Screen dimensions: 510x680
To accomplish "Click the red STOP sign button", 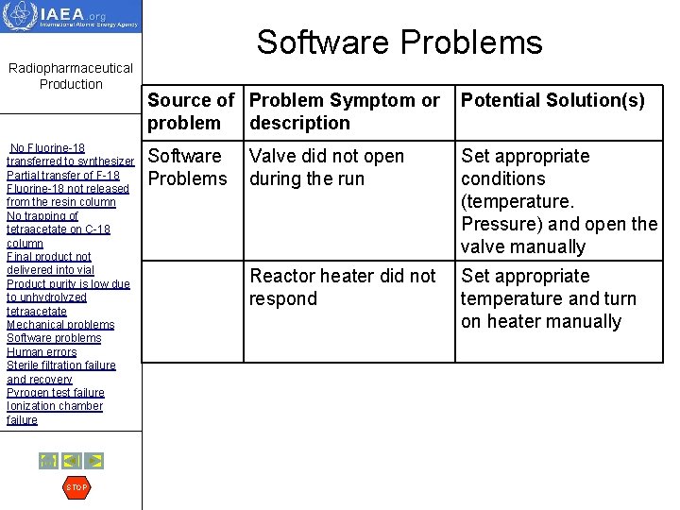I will pyautogui.click(x=76, y=487).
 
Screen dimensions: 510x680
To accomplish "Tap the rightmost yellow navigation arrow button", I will pyautogui.click(x=94, y=461).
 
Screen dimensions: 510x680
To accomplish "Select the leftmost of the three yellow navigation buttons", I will pyautogui.click(x=48, y=461).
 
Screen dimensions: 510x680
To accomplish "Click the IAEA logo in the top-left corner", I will pyautogui.click(x=71, y=17).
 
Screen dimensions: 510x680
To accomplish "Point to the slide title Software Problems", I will pyautogui.click(x=399, y=42).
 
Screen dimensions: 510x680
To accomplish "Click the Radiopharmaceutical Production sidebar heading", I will pyautogui.click(x=71, y=76).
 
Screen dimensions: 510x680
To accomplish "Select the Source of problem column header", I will pyautogui.click(x=192, y=111).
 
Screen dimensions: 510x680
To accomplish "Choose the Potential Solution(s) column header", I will pyautogui.click(x=553, y=101).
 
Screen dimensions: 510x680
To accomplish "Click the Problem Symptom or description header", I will pyautogui.click(x=345, y=111).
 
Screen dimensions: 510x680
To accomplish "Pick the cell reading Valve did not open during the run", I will pyautogui.click(x=327, y=167).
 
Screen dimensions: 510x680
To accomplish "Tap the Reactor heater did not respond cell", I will pyautogui.click(x=342, y=287).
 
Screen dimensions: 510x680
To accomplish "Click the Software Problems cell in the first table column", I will pyautogui.click(x=188, y=167).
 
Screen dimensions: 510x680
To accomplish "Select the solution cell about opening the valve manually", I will pyautogui.click(x=558, y=201).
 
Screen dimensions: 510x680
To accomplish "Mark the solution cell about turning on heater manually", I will pyautogui.click(x=549, y=298).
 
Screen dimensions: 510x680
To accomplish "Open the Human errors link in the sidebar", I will pyautogui.click(x=42, y=352).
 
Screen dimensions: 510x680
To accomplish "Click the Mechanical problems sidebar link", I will pyautogui.click(x=60, y=325).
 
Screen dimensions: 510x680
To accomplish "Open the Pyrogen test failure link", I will pyautogui.click(x=56, y=393).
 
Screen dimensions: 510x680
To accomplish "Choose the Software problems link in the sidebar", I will pyautogui.click(x=54, y=338).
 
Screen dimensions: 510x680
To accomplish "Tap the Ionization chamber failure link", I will pyautogui.click(x=55, y=413).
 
